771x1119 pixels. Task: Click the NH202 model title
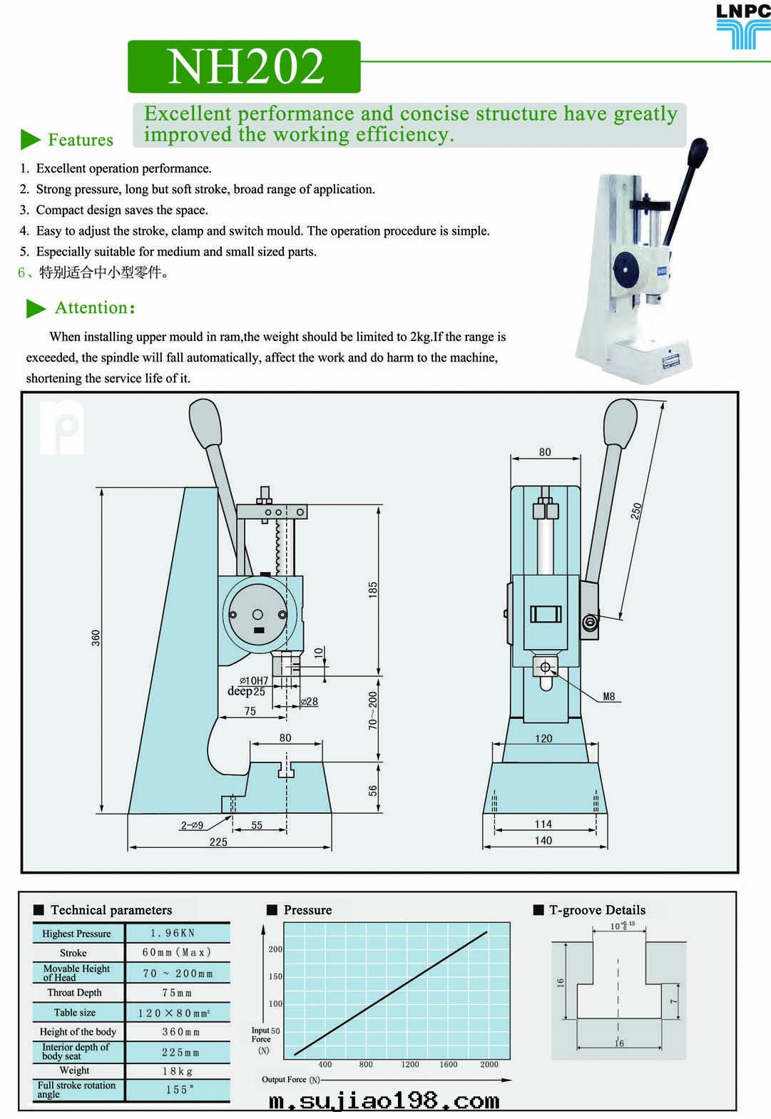(x=245, y=66)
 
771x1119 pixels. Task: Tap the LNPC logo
(x=743, y=26)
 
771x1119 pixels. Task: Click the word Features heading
(x=80, y=140)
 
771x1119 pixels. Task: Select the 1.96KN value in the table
(x=173, y=933)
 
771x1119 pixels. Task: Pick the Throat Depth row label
(x=75, y=993)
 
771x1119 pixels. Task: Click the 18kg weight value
(x=177, y=1071)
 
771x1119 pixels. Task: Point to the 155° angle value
(x=179, y=1090)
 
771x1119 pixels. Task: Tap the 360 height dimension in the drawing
(x=96, y=638)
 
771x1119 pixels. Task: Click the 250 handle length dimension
(x=636, y=511)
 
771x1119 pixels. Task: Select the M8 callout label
(x=608, y=697)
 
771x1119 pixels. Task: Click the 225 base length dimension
(x=218, y=842)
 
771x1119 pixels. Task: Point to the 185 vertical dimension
(x=372, y=590)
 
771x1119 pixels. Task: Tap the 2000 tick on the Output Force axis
(x=489, y=1064)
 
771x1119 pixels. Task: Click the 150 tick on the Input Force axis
(x=275, y=976)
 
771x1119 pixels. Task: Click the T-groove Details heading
(x=597, y=910)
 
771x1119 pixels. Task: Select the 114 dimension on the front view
(x=543, y=824)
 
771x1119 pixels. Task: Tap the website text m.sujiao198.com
(x=384, y=1100)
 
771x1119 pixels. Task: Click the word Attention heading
(x=94, y=308)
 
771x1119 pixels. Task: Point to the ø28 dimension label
(x=310, y=702)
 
